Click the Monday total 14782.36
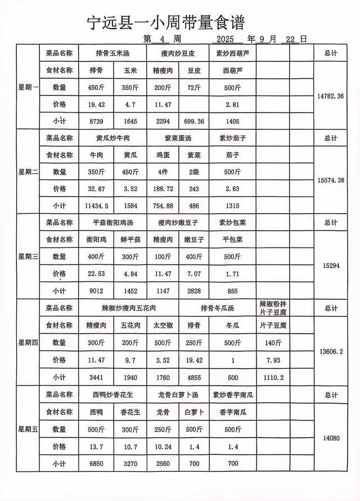pos(331,96)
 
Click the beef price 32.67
pos(96,189)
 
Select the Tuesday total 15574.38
pos(331,180)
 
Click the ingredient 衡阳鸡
pos(96,239)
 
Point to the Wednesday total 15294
pos(331,265)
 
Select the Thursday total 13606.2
pos(331,351)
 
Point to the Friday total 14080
pos(331,437)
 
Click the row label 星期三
pos(28,257)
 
